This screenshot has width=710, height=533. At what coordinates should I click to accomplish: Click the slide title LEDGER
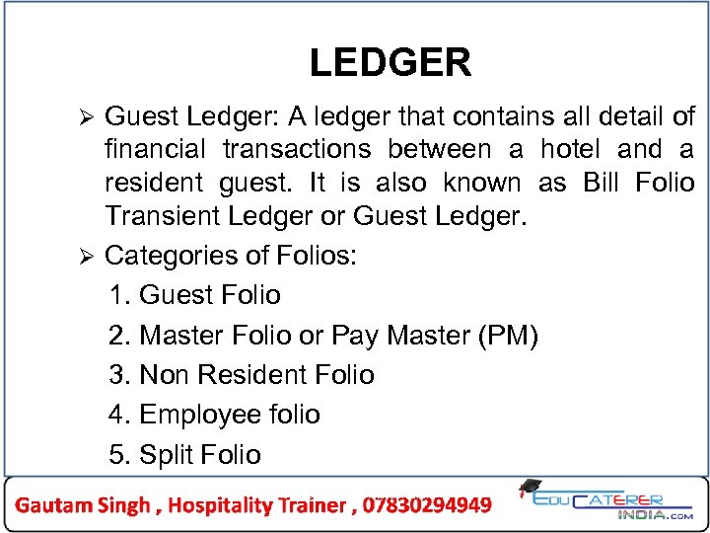390,63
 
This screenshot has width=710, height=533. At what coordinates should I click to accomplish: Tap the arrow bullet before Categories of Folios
86,257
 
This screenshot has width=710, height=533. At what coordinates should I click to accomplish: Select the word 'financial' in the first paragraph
155,150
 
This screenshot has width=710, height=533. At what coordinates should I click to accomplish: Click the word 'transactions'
297,150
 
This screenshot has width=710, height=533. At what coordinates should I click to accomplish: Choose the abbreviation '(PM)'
507,336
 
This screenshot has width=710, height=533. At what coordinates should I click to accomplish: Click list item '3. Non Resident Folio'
242,375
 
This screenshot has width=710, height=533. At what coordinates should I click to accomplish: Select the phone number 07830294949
427,505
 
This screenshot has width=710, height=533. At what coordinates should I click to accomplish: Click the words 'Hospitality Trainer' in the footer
256,505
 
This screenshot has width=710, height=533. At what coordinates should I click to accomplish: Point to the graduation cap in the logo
530,488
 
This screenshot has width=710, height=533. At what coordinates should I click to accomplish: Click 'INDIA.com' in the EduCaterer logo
655,514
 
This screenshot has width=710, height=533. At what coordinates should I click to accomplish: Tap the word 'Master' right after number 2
185,336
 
